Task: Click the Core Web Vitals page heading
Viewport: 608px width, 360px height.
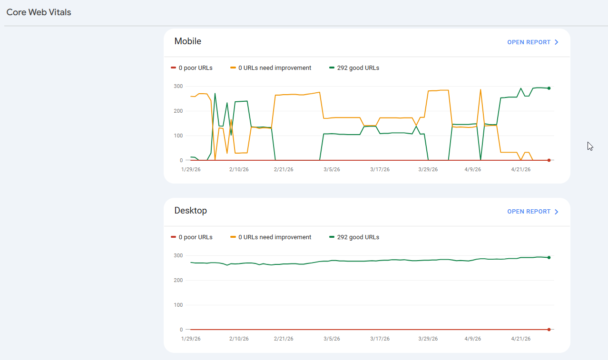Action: (x=39, y=12)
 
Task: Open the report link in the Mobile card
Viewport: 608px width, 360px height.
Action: (x=532, y=42)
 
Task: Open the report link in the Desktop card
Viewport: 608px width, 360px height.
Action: (x=532, y=212)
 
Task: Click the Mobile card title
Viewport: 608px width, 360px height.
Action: (x=188, y=41)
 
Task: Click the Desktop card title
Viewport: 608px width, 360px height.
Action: (x=191, y=211)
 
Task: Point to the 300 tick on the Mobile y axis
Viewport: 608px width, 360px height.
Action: (x=178, y=86)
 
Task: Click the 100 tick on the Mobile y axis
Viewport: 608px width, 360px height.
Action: (x=178, y=136)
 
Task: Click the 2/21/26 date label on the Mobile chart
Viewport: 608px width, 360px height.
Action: (x=284, y=170)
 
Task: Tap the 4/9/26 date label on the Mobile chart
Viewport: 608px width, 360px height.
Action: (x=472, y=170)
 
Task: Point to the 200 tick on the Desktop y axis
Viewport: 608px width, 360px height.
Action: (x=178, y=280)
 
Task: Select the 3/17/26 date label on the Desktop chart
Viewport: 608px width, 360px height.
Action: (x=380, y=339)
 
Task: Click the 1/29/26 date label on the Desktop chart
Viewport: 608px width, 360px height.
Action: (x=191, y=339)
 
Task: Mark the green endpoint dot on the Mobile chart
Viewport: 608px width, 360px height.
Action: (x=549, y=88)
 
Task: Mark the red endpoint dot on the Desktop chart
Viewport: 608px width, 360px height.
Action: (x=549, y=330)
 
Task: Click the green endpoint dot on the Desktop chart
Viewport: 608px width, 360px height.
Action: (x=549, y=257)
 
